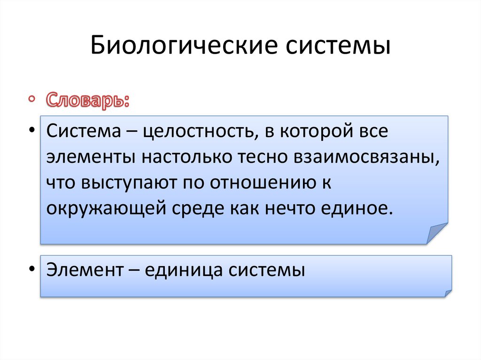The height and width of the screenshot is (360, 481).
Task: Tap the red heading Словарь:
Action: [x=87, y=100]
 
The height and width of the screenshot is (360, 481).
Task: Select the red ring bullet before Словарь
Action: [x=31, y=99]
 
